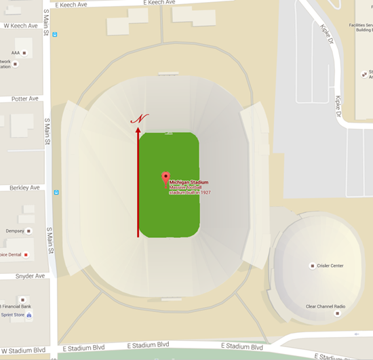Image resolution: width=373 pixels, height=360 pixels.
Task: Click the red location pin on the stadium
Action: pyautogui.click(x=165, y=178)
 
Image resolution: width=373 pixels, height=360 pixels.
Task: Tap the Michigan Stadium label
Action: pyautogui.click(x=189, y=182)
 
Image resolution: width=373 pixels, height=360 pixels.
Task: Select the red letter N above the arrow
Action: pyautogui.click(x=140, y=119)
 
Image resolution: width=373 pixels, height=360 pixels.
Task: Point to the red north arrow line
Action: pyautogui.click(x=138, y=183)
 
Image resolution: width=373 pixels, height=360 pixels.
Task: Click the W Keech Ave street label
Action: pyautogui.click(x=20, y=26)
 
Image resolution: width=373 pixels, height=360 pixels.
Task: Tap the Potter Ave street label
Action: pyautogui.click(x=25, y=99)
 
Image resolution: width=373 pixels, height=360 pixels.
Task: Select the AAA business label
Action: pyautogui.click(x=16, y=52)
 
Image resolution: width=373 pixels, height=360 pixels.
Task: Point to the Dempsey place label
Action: pyautogui.click(x=15, y=231)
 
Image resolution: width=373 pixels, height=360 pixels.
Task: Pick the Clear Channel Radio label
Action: pyautogui.click(x=326, y=306)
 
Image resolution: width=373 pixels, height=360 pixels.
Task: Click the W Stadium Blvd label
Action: pyautogui.click(x=24, y=351)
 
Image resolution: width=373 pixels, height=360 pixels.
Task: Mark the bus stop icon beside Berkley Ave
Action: pyautogui.click(x=56, y=192)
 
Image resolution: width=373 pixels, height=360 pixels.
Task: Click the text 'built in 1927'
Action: pyautogui.click(x=198, y=193)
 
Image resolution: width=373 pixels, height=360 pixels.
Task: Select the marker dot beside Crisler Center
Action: pyautogui.click(x=312, y=266)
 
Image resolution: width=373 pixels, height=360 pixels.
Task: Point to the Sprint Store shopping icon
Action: pyautogui.click(x=28, y=315)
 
